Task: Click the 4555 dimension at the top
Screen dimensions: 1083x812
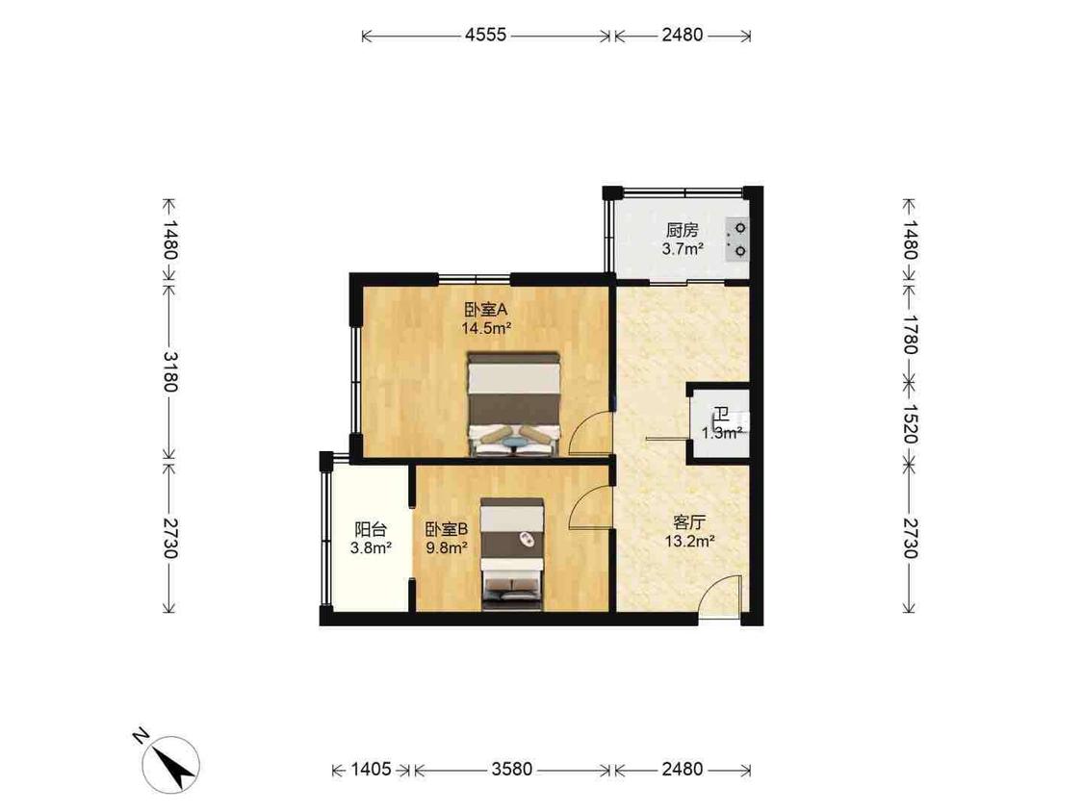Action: [485, 35]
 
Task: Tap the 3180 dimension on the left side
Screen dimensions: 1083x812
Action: [169, 371]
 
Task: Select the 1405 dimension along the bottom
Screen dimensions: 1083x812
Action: [371, 770]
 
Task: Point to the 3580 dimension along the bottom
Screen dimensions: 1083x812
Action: [512, 770]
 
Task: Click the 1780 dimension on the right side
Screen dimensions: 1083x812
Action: [910, 334]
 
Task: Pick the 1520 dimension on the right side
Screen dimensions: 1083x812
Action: [910, 424]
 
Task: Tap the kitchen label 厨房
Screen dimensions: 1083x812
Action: [683, 230]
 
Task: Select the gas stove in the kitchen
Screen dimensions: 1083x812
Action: [736, 240]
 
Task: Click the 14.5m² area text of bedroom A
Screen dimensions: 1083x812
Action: [486, 328]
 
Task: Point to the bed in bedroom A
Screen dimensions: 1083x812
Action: [513, 404]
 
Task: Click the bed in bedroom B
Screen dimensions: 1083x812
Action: [512, 554]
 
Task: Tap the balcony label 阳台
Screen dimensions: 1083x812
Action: [371, 529]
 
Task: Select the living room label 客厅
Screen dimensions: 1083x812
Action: [689, 522]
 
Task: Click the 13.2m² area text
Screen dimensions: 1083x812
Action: [689, 542]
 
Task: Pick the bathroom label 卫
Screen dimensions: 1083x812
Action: [722, 415]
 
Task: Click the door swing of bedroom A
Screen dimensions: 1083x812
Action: [587, 433]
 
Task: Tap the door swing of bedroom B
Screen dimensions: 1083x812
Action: [588, 507]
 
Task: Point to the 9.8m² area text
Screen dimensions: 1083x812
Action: [447, 548]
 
